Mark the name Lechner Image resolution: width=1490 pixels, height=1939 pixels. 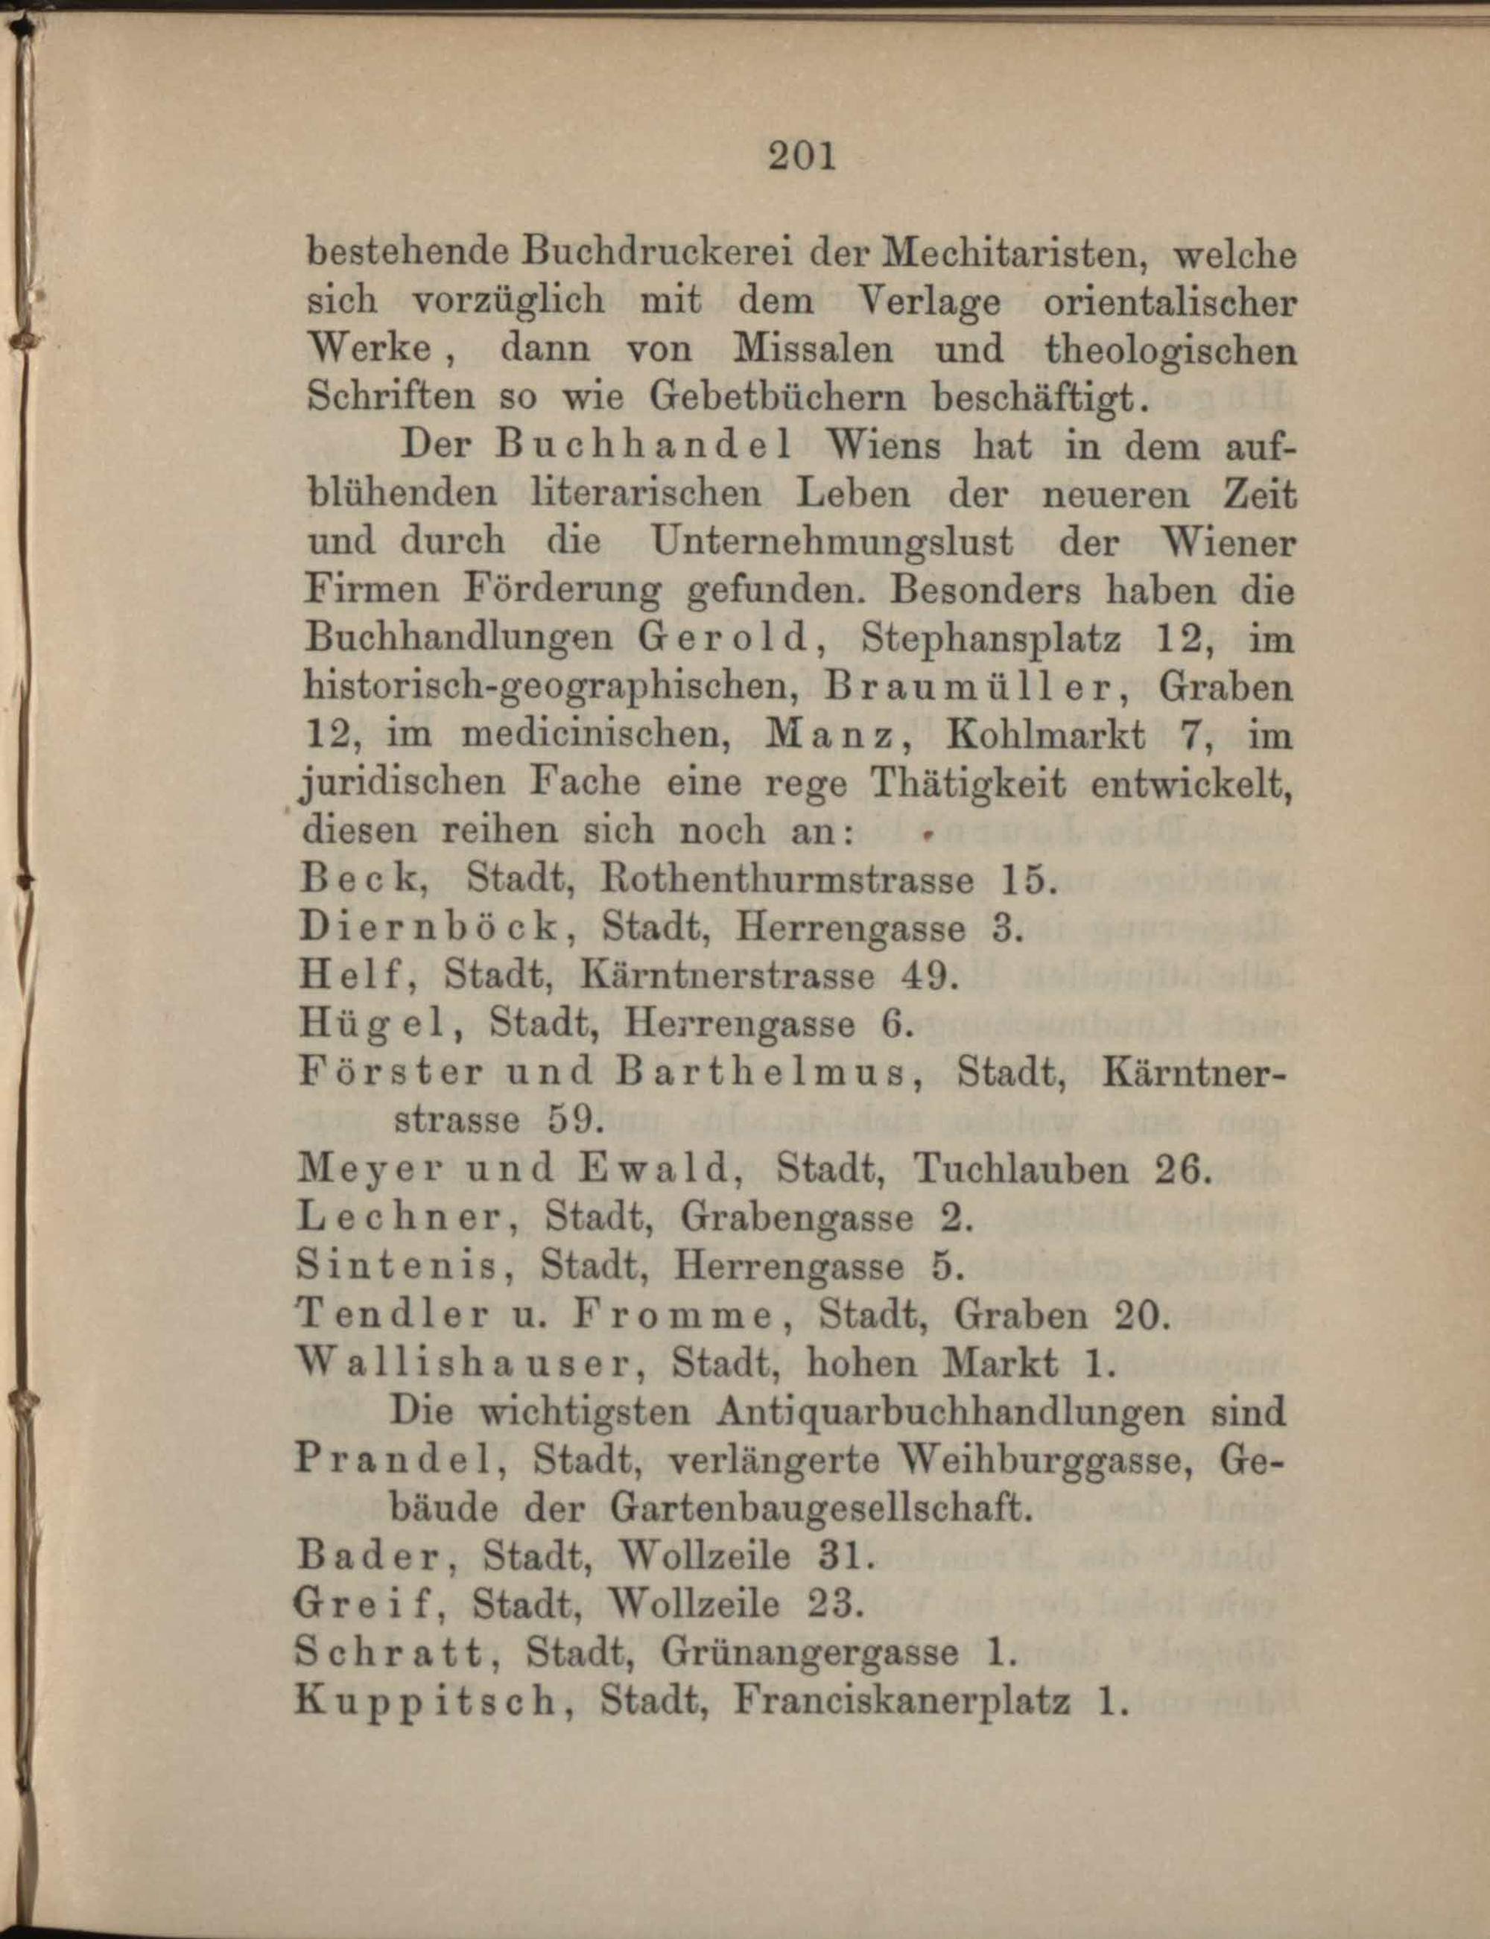406,1219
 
